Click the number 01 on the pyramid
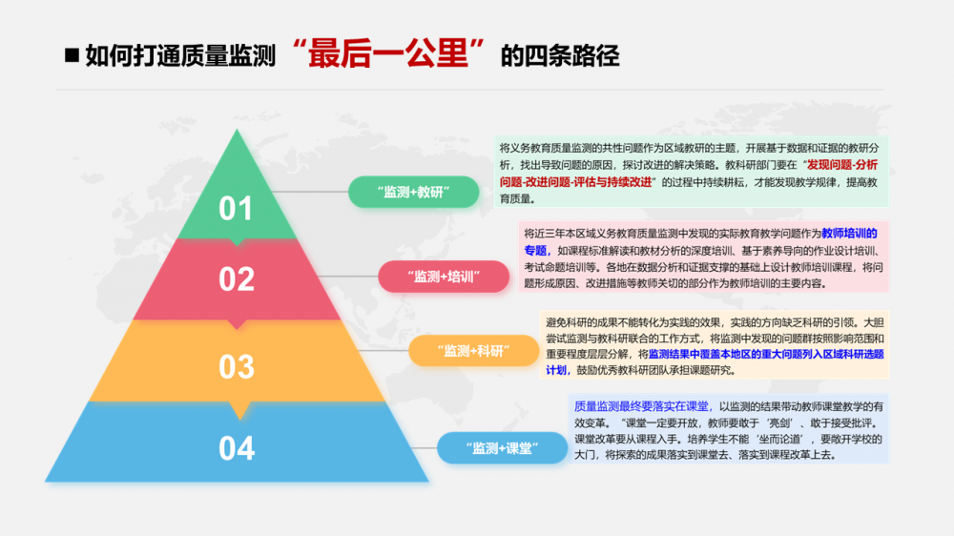pyautogui.click(x=236, y=207)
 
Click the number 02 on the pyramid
pyautogui.click(x=236, y=278)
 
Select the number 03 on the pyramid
pyautogui.click(x=236, y=365)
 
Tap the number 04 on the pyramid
pyautogui.click(x=236, y=447)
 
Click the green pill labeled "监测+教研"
pyautogui.click(x=412, y=192)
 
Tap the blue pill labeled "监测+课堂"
pyautogui.click(x=502, y=447)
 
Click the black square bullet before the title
pyautogui.click(x=71, y=55)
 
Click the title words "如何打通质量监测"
pyautogui.click(x=180, y=56)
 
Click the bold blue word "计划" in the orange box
pyautogui.click(x=558, y=370)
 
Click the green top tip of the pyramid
pyautogui.click(x=235, y=143)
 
